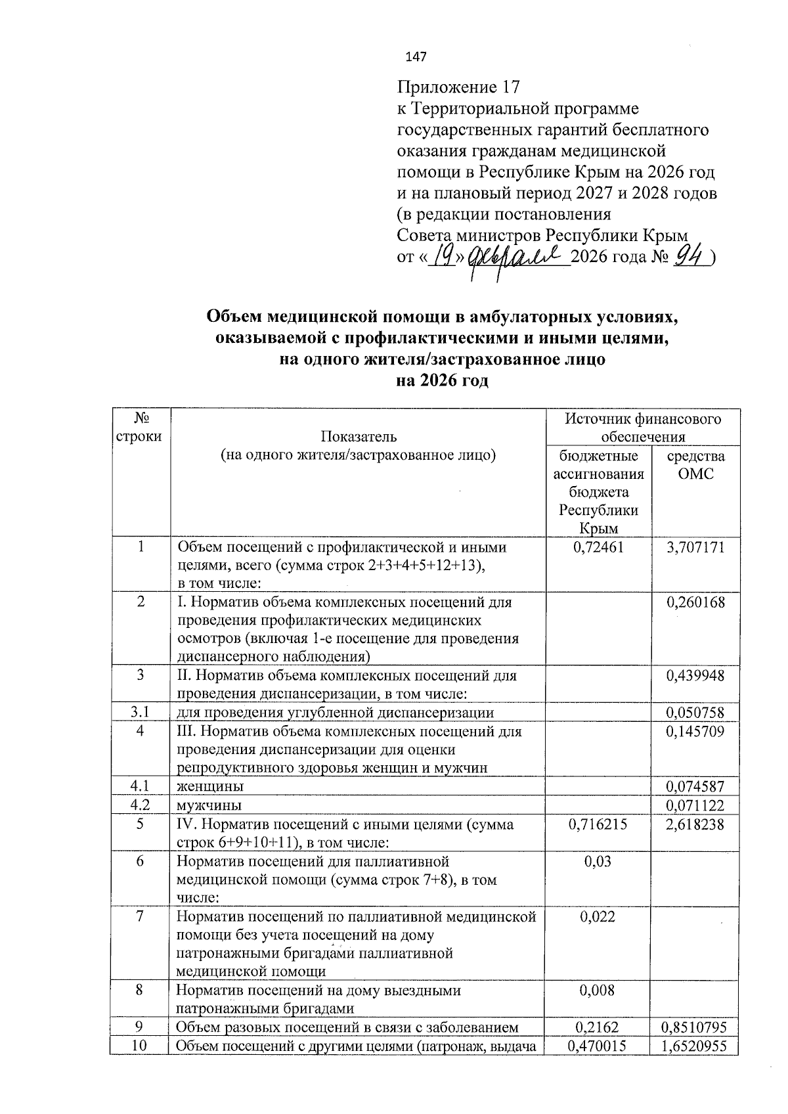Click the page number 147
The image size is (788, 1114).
pyautogui.click(x=416, y=57)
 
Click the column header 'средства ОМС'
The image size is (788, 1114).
pyautogui.click(x=695, y=465)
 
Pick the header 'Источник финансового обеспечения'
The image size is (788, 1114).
pyautogui.click(x=643, y=428)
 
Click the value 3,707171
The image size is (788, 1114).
pyautogui.click(x=695, y=547)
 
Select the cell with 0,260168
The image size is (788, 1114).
pyautogui.click(x=695, y=602)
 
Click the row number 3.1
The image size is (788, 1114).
pyautogui.click(x=141, y=712)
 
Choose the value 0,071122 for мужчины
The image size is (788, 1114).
pyautogui.click(x=695, y=805)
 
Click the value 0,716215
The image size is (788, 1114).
pyautogui.click(x=598, y=824)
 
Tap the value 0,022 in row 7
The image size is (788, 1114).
pyautogui.click(x=598, y=916)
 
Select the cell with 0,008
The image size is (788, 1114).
pyautogui.click(x=598, y=990)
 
